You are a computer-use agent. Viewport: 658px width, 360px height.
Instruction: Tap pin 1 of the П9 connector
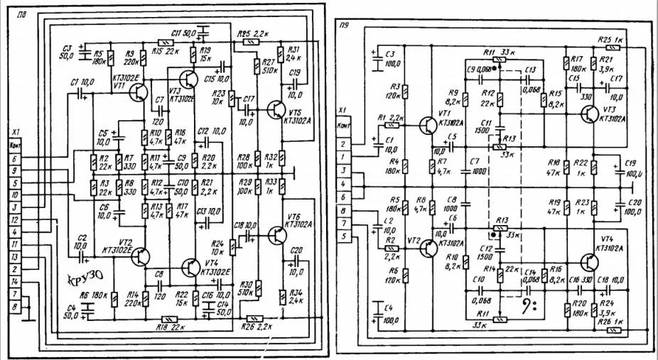click(x=344, y=156)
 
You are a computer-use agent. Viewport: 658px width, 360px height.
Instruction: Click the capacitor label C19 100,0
click(x=633, y=168)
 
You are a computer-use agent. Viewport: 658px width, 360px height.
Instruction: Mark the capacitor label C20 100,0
click(x=633, y=207)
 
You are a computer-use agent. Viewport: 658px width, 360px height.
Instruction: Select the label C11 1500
click(x=482, y=128)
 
